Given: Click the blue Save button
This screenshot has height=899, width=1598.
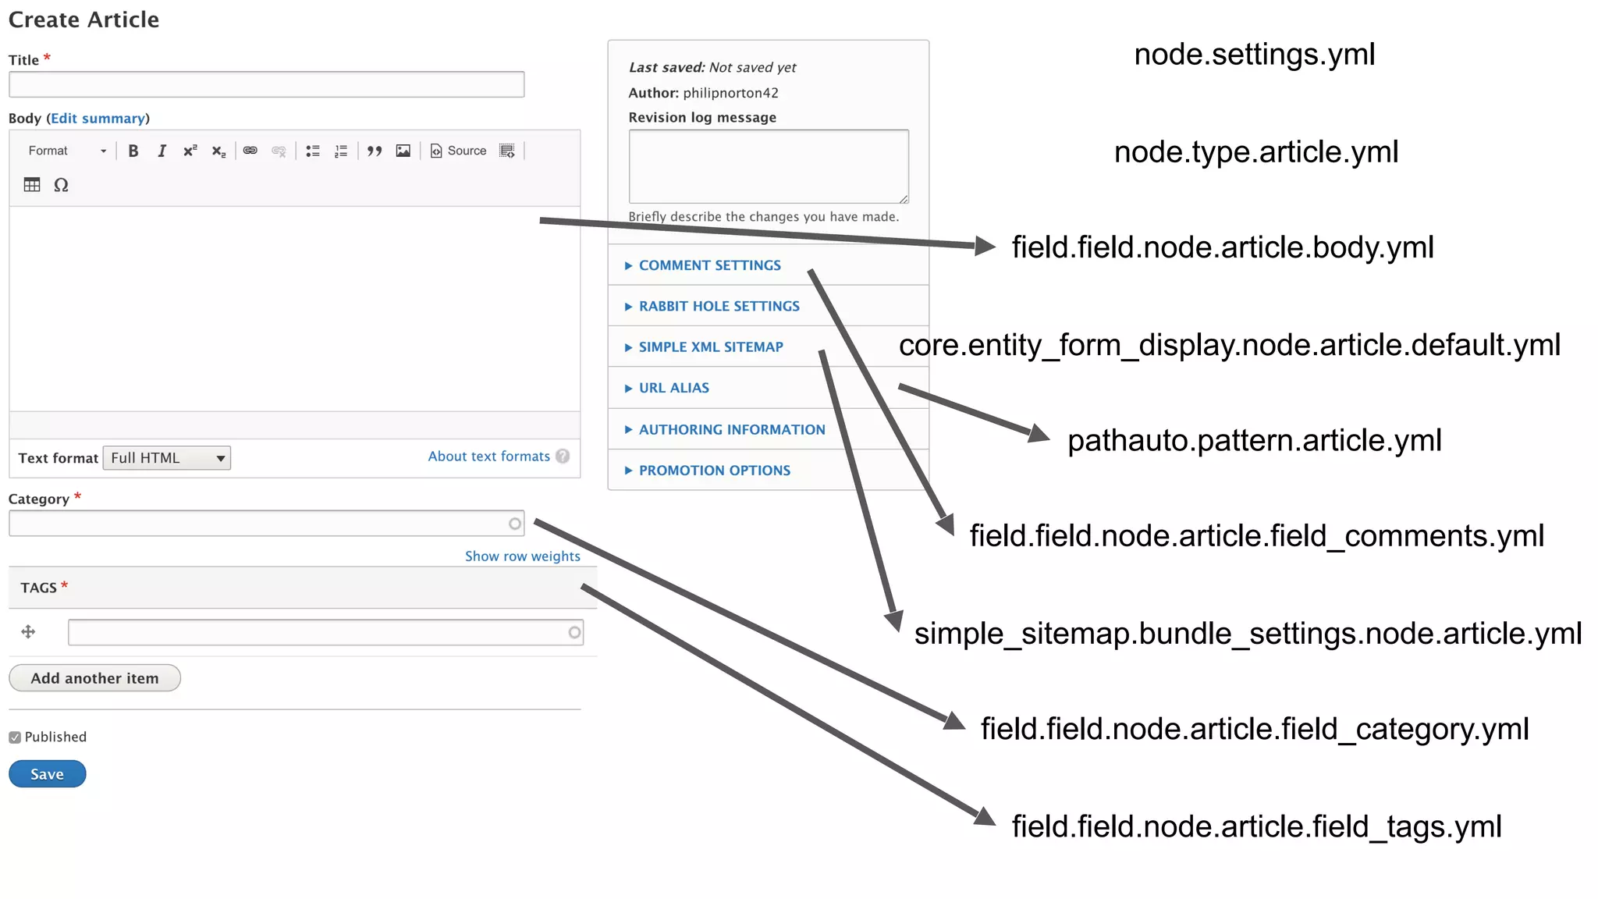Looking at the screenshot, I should click(x=47, y=774).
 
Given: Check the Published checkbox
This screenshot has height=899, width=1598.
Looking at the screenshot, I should click(x=15, y=737).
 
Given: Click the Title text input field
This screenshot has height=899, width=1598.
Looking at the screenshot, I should click(x=266, y=84).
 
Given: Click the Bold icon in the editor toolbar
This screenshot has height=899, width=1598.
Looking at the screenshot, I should click(x=133, y=151).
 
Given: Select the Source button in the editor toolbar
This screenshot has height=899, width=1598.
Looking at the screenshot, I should click(x=459, y=151).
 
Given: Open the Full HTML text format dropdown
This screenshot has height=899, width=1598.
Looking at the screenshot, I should click(x=167, y=458).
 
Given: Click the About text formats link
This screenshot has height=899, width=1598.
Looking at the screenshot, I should click(x=488, y=457).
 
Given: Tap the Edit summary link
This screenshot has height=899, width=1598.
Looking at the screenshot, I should click(x=98, y=119).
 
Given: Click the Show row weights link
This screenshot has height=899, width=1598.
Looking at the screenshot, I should click(x=522, y=556).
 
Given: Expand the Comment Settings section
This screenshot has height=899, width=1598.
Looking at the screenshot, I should click(x=709, y=265).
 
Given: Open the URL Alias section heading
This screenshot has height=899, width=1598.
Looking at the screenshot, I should click(x=673, y=388).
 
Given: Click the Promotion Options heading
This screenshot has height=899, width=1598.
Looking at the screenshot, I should click(x=714, y=471).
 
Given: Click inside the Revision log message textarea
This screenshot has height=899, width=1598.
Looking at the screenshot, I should click(x=768, y=166).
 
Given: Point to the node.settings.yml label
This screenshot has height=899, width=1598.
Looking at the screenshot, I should click(x=1254, y=55).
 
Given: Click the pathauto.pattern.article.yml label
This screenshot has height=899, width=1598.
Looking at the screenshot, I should click(x=1254, y=441).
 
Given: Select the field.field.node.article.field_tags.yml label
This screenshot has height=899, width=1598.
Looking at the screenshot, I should click(x=1256, y=826).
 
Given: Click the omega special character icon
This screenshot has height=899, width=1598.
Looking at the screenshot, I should click(x=61, y=185).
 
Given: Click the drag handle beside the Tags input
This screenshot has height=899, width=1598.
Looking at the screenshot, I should click(x=28, y=632).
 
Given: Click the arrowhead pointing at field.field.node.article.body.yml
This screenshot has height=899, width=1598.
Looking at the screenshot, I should click(x=985, y=247).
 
